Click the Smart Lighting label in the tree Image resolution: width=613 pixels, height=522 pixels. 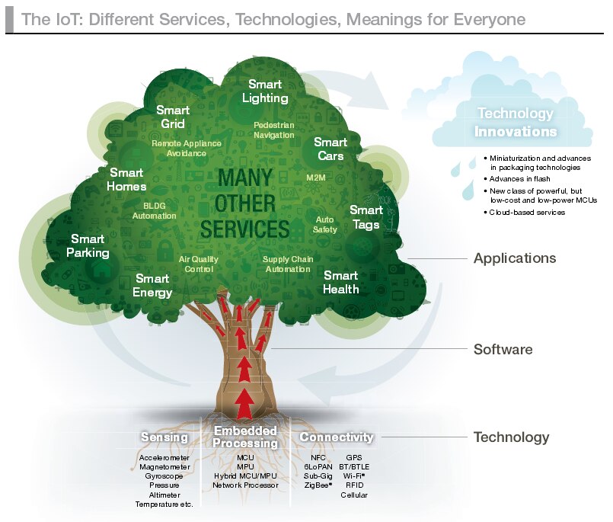click(265, 91)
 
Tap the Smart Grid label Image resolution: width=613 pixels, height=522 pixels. click(173, 117)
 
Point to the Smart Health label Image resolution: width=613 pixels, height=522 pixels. click(340, 282)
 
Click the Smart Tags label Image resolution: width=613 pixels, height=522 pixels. click(366, 216)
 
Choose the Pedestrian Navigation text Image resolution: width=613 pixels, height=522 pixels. click(273, 129)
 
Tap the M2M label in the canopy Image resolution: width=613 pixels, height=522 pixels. click(315, 176)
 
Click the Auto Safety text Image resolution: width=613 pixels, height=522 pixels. click(325, 224)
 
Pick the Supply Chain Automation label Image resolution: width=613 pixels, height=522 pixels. click(287, 264)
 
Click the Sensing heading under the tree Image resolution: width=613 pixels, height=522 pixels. click(164, 437)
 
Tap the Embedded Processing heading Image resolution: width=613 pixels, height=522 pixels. click(245, 437)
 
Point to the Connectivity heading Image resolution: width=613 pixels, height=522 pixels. click(336, 437)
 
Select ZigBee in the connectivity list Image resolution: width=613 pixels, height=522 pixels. click(317, 485)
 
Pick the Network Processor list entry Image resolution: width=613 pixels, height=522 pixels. click(244, 485)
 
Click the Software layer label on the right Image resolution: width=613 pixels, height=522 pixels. click(503, 350)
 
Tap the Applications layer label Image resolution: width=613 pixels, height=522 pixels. click(515, 258)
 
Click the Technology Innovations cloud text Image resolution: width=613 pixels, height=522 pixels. click(516, 122)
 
